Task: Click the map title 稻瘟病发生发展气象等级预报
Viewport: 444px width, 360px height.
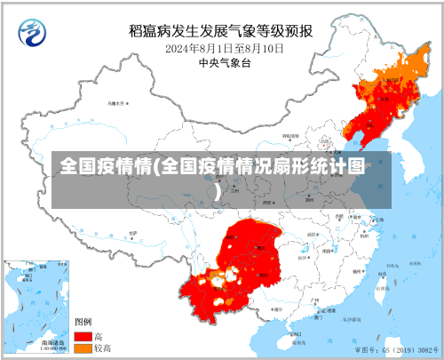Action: pos(220,30)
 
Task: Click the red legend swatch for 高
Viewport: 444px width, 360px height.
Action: pos(83,337)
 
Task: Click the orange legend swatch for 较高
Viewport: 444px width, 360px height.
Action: pos(83,349)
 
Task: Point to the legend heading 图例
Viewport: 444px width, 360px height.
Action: pos(83,322)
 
